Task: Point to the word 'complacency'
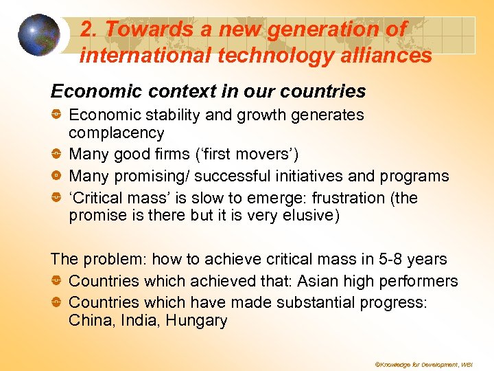(117, 133)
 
